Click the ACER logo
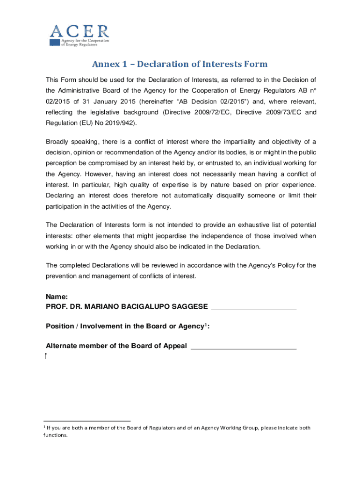pos(79,35)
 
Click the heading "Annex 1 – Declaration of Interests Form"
pos(180,64)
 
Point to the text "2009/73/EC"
pos(284,112)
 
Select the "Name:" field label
pos(57,297)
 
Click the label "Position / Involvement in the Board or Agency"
pos(124,327)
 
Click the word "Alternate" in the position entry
pos(63,346)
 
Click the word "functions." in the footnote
pos(55,435)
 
